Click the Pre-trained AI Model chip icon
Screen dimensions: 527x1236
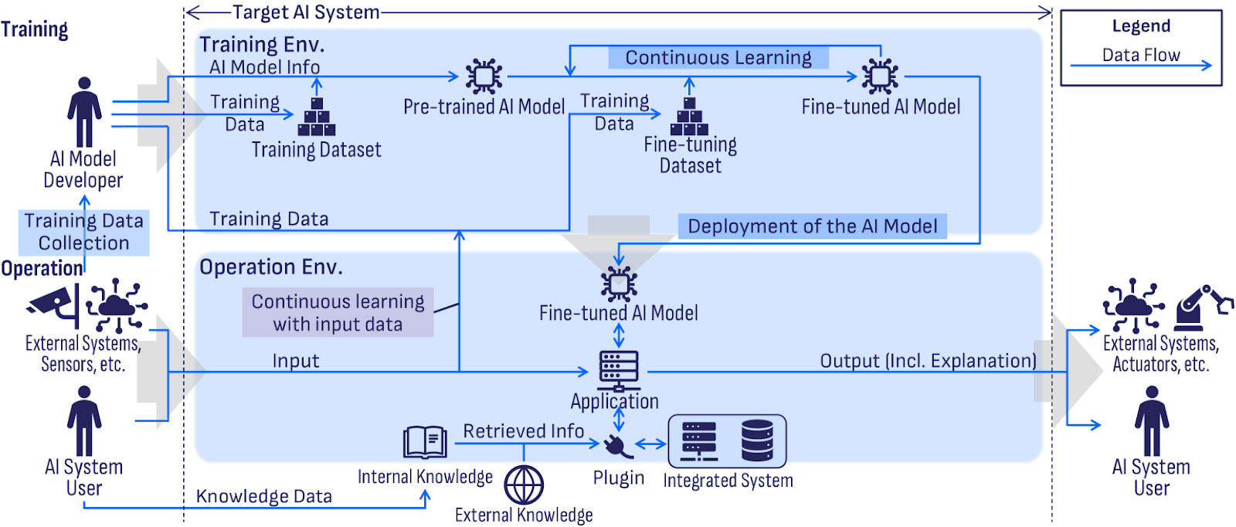(x=484, y=76)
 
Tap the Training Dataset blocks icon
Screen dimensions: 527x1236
(x=317, y=117)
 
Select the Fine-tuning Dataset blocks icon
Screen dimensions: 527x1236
(x=690, y=117)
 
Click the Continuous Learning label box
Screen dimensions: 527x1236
(x=718, y=58)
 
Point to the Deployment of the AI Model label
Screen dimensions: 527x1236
(x=812, y=226)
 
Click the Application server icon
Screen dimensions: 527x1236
(x=619, y=367)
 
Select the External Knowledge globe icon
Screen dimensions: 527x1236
(x=524, y=485)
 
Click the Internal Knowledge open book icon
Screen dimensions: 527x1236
(x=425, y=443)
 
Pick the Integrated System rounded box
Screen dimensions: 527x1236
(x=727, y=441)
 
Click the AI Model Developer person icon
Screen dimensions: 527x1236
(x=84, y=111)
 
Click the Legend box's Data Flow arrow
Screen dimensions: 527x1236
(x=1140, y=66)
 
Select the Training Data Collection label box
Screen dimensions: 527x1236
(x=84, y=232)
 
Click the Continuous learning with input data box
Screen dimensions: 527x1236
(x=338, y=312)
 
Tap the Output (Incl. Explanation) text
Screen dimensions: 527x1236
(x=928, y=361)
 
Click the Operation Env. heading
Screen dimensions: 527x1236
(x=271, y=267)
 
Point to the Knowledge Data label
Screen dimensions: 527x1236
(x=264, y=496)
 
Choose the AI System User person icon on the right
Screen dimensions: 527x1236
(x=1151, y=420)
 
